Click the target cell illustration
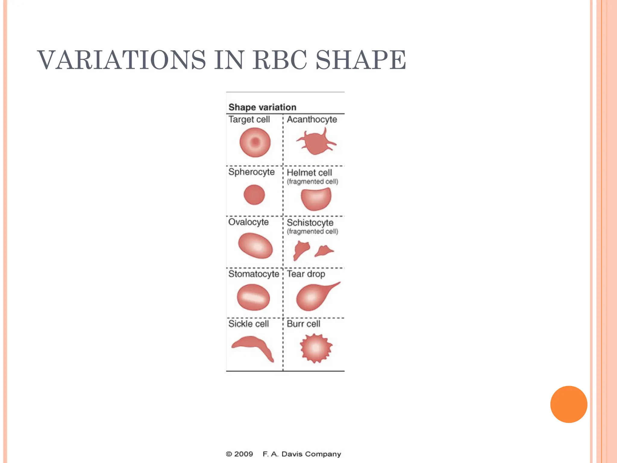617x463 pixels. point(255,142)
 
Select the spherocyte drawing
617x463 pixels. point(254,195)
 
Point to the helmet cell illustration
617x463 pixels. point(316,199)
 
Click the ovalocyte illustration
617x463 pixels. point(255,245)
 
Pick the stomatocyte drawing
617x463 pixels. point(253,297)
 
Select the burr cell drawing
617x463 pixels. point(316,348)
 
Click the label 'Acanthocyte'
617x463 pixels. point(312,119)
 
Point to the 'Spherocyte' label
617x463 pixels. point(252,172)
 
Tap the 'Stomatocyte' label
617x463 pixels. point(254,274)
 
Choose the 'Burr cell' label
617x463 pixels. point(303,324)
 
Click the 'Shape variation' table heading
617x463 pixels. point(262,107)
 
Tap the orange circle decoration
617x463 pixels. point(568,404)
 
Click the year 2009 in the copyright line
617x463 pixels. point(243,454)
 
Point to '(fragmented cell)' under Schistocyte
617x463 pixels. point(312,231)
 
